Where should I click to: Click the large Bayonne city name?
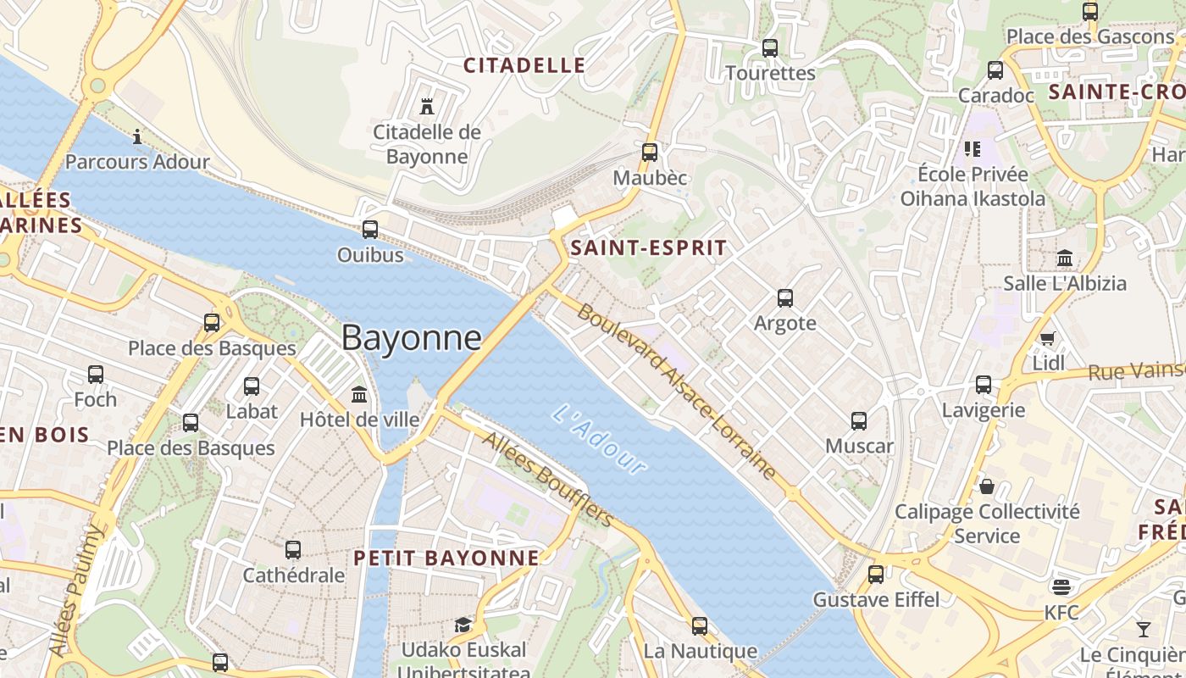tap(412, 338)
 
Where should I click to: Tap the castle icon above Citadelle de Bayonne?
tap(427, 107)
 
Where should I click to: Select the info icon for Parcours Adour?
tap(137, 136)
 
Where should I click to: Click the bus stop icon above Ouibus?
tap(370, 229)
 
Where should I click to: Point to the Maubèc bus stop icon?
tap(650, 153)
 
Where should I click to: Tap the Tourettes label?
tap(770, 73)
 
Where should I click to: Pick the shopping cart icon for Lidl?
tap(1048, 339)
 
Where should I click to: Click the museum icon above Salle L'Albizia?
tap(1065, 258)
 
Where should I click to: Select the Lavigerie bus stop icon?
tap(984, 385)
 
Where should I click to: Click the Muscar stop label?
tap(859, 446)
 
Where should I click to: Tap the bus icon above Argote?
tap(785, 298)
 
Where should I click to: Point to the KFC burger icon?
tap(1061, 586)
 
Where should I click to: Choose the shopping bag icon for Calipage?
tap(987, 486)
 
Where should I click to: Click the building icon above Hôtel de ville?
tap(359, 394)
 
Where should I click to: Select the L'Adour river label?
tap(599, 439)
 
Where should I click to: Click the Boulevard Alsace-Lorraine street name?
tap(677, 392)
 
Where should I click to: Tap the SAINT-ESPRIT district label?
tap(648, 247)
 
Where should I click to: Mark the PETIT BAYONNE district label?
tap(446, 558)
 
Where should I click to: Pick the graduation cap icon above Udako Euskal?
tap(463, 625)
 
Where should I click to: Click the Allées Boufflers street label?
tap(547, 479)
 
